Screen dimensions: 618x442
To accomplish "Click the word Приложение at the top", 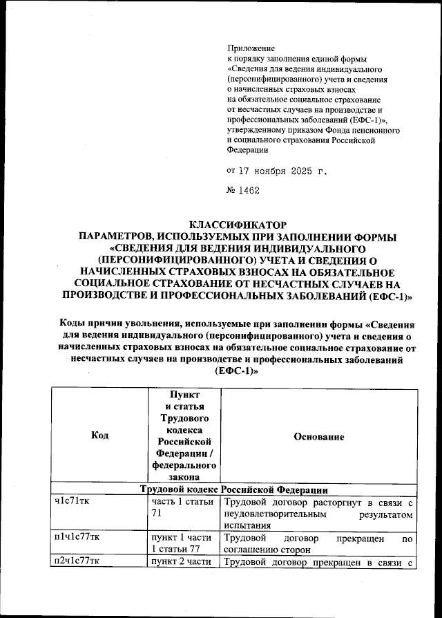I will coord(251,48).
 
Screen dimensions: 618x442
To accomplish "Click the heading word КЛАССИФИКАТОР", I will coord(238,225).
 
